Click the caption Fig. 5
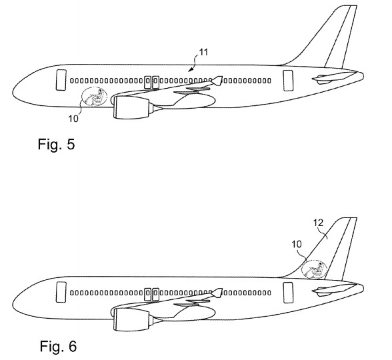[x=56, y=144]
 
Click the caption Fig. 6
[x=58, y=346]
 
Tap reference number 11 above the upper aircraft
[x=204, y=52]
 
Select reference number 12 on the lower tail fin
[x=319, y=223]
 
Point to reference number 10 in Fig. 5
[x=73, y=119]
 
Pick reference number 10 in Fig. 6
[x=297, y=244]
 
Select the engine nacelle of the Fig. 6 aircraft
[x=131, y=320]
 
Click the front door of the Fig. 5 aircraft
[x=61, y=80]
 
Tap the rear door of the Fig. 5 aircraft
[x=288, y=81]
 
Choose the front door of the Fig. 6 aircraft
[x=61, y=292]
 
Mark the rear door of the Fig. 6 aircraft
[x=288, y=293]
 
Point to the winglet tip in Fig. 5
[x=222, y=77]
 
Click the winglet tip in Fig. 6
[x=222, y=289]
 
